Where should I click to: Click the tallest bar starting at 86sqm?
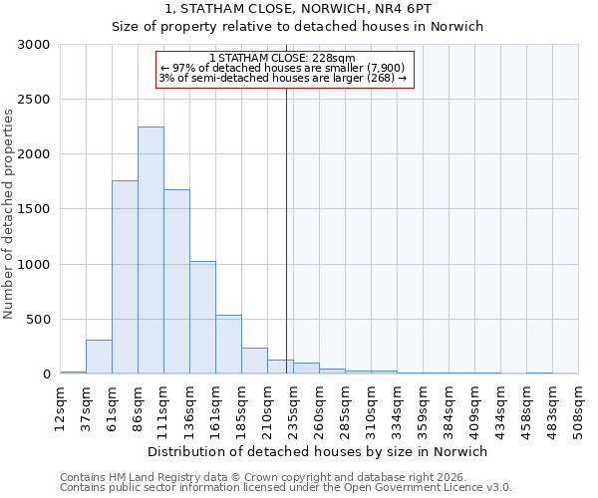pos(150,250)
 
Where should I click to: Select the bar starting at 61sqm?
pos(125,277)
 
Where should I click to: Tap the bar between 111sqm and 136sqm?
pos(176,282)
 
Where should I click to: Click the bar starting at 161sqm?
pos(228,345)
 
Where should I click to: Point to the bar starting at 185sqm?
pos(254,361)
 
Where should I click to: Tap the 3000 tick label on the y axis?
pos(34,45)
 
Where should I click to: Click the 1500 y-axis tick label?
pos(34,209)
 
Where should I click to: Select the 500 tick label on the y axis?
pos(38,320)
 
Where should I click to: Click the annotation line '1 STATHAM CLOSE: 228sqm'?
pos(283,58)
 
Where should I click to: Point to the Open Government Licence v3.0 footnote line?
pos(286,487)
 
